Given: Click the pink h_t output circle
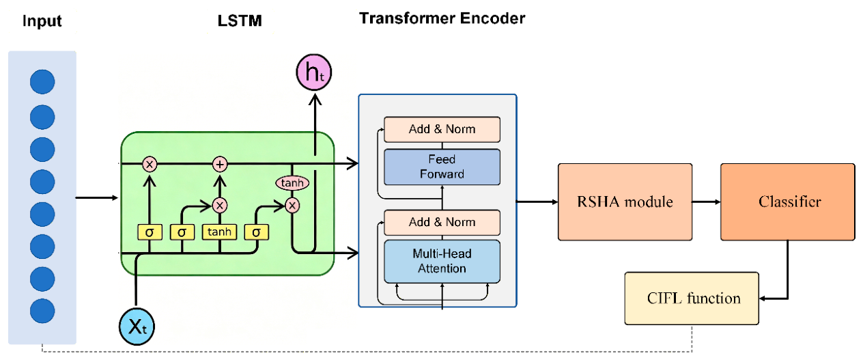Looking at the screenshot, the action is [313, 72].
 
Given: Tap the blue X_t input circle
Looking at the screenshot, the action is [137, 327].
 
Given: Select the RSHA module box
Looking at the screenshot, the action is [625, 202].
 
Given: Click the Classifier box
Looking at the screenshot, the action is [788, 202].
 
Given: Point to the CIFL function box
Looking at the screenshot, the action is [692, 299].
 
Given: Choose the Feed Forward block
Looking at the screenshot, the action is [442, 167].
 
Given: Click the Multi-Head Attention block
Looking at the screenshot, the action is [442, 262].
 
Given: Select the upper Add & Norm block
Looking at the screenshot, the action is [442, 130].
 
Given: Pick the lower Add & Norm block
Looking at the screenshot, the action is [442, 223].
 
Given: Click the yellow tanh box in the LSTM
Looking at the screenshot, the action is [219, 232].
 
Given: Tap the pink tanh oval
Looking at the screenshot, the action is [292, 182].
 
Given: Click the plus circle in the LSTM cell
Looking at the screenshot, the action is [220, 165].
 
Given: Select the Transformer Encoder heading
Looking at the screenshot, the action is [442, 18].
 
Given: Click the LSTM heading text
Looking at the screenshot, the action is [240, 20].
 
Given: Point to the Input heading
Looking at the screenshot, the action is [42, 20].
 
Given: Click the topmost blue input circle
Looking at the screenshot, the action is [42, 82].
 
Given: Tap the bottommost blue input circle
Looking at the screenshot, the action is [42, 311].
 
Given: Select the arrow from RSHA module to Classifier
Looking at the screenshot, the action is [706, 202].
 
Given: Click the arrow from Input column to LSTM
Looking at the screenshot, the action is [97, 197].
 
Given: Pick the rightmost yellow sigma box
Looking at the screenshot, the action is [256, 232].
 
